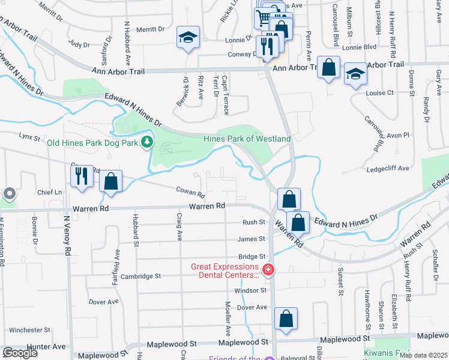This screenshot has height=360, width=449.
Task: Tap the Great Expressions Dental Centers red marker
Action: (x=268, y=271)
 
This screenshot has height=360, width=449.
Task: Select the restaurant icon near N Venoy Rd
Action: (x=81, y=176)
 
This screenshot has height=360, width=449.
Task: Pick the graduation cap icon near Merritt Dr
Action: (x=188, y=38)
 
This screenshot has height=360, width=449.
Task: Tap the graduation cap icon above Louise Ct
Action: (x=355, y=74)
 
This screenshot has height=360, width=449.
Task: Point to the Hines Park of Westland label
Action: (x=247, y=139)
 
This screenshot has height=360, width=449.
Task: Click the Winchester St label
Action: (x=29, y=330)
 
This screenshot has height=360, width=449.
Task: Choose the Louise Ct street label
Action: (x=379, y=93)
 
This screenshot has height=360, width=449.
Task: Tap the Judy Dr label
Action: (x=79, y=44)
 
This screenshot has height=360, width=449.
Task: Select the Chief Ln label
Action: (x=50, y=193)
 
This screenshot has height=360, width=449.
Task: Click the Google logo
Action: (x=20, y=353)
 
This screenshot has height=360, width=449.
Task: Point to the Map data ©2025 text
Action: (x=423, y=355)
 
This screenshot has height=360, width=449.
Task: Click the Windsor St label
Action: (x=250, y=290)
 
